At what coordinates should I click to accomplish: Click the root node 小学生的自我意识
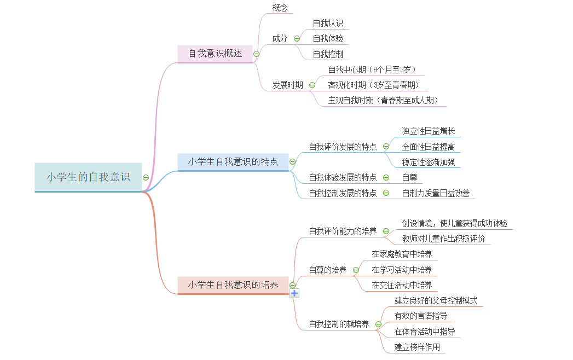(x=88, y=177)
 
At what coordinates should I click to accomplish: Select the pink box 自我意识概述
(x=215, y=54)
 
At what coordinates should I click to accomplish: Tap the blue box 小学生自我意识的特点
(x=233, y=161)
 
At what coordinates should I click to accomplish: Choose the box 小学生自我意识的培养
(x=233, y=284)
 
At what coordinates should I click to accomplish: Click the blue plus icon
(x=294, y=293)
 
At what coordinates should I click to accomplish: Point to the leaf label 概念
(x=280, y=8)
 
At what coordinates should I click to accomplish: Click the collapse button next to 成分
(x=297, y=38)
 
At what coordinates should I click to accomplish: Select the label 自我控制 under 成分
(x=328, y=54)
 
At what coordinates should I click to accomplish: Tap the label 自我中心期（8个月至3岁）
(x=372, y=69)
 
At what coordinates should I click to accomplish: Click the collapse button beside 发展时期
(x=312, y=85)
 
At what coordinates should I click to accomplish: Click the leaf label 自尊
(x=409, y=177)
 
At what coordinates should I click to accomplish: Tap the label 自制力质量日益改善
(x=436, y=193)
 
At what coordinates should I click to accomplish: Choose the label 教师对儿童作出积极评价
(x=443, y=239)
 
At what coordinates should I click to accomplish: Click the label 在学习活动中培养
(x=402, y=270)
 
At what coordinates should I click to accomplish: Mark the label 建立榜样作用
(x=417, y=347)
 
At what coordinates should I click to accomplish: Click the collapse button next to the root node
(x=146, y=177)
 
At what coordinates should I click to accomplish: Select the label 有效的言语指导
(x=421, y=316)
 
